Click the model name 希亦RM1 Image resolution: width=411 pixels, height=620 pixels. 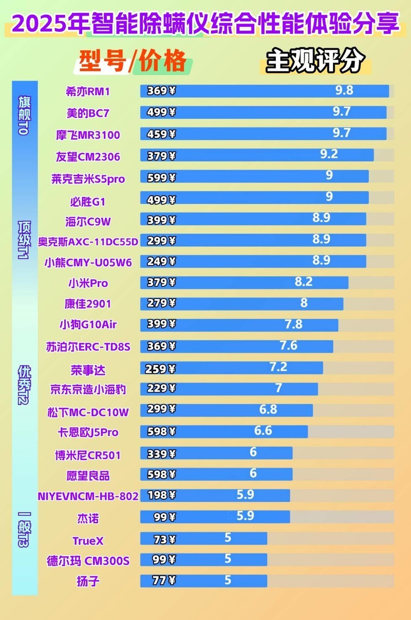click(x=88, y=92)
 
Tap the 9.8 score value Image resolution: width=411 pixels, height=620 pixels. click(x=344, y=90)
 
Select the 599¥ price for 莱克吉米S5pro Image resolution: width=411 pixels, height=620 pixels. click(x=161, y=178)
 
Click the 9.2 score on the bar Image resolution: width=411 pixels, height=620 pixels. click(x=329, y=153)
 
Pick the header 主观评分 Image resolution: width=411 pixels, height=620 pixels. click(x=315, y=62)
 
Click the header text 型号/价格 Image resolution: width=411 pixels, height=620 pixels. click(x=132, y=62)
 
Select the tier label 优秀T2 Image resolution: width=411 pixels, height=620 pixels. click(x=24, y=385)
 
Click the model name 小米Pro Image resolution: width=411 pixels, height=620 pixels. click(x=88, y=283)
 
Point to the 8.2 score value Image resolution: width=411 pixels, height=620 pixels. click(x=304, y=281)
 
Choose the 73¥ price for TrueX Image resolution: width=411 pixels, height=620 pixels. click(x=164, y=539)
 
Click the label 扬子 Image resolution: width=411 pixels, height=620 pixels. click(x=88, y=582)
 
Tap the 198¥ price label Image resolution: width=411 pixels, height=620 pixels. click(x=161, y=496)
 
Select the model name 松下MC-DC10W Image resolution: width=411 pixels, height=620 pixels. click(x=88, y=411)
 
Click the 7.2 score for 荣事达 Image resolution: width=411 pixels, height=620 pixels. click(x=278, y=367)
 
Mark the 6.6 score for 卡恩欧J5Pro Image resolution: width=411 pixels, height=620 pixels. click(x=263, y=430)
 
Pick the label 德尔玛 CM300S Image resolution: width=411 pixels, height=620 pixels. click(x=88, y=560)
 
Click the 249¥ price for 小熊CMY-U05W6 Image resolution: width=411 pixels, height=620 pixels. click(x=161, y=262)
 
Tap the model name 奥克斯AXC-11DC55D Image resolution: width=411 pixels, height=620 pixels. click(x=88, y=241)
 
